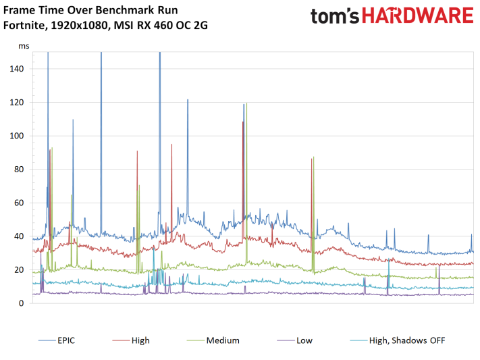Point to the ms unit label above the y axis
tap(24, 47)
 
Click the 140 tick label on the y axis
tap(19, 69)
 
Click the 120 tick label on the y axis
tap(19, 103)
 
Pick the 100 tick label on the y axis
tap(19, 136)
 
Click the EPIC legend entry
tap(66, 340)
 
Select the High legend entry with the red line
tap(141, 340)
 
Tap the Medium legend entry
tap(222, 340)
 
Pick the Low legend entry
tap(304, 340)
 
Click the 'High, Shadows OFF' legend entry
tap(407, 340)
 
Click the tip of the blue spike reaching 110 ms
tap(73, 120)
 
